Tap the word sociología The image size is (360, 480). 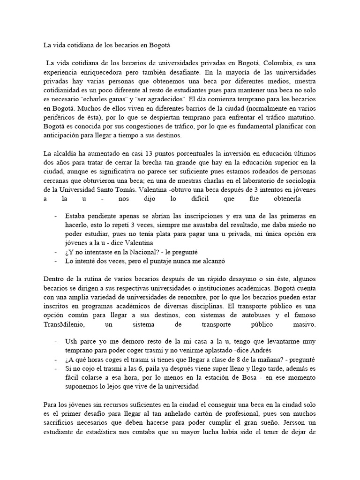click(x=300, y=181)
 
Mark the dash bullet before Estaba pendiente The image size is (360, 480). click(x=56, y=216)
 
